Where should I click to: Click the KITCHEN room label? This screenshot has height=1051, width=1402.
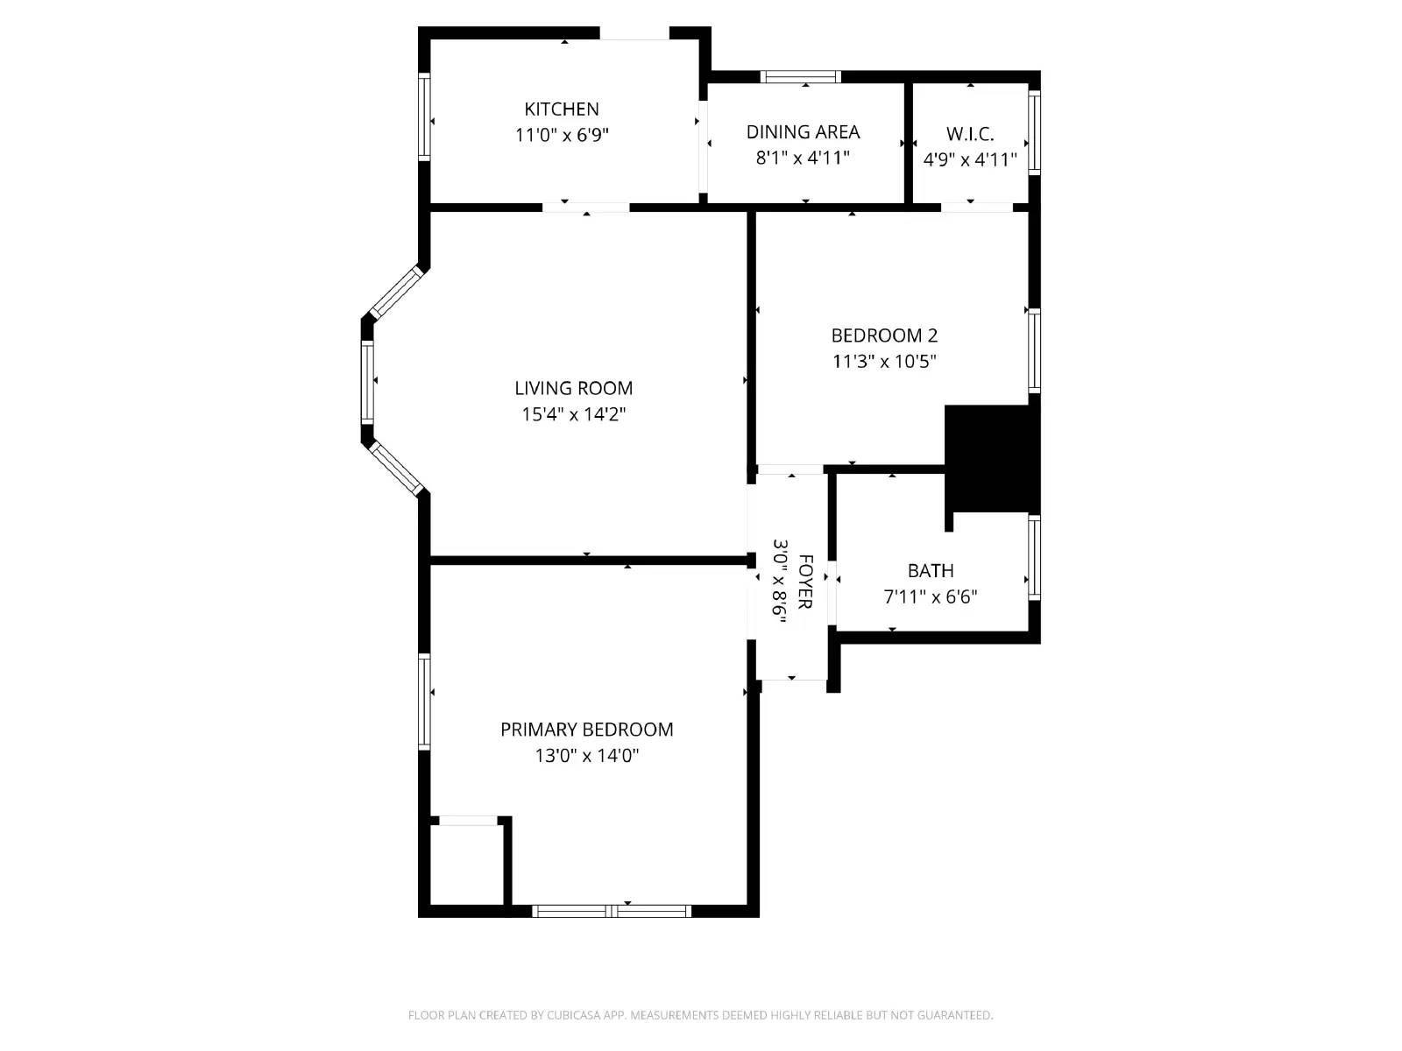pos(562,109)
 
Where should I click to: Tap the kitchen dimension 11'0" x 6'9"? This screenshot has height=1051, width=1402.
pos(562,136)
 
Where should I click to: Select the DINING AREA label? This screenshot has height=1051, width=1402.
pos(803,132)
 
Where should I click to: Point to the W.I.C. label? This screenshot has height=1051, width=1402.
pos(970,135)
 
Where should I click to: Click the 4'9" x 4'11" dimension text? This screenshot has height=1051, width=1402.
pos(970,160)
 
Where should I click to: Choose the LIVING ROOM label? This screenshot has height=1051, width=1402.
pos(573,388)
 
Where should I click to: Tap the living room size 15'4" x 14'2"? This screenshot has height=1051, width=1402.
pos(573,414)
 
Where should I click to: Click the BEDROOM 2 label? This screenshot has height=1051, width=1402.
pos(884,335)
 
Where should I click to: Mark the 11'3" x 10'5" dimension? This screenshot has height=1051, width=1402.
pos(884,361)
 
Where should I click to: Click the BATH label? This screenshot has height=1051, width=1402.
pos(931,571)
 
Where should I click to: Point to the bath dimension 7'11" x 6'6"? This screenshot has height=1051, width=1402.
pos(931,597)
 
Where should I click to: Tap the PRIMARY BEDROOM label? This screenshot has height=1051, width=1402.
pos(586,730)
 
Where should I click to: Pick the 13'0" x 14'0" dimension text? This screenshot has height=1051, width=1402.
pos(586,756)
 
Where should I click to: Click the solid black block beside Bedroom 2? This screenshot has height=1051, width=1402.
pos(990,457)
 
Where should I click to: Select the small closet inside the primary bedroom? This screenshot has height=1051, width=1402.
pos(467,864)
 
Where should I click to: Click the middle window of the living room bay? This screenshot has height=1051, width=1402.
pos(367,382)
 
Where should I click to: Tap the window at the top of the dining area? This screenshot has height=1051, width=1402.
pos(800,77)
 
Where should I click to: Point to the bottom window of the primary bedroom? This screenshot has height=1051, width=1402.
pos(612,911)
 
